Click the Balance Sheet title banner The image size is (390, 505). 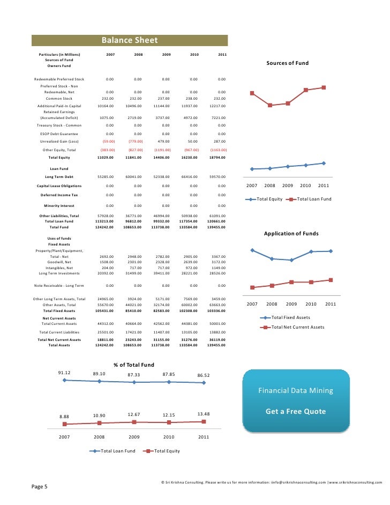click(x=130, y=41)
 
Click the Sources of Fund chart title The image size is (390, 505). click(x=287, y=63)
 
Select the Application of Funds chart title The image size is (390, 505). click(x=291, y=234)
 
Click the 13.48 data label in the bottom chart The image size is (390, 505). click(x=204, y=414)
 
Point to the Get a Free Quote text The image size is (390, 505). click(x=296, y=412)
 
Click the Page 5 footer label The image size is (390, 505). click(x=40, y=487)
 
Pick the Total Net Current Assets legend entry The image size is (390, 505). click(x=298, y=327)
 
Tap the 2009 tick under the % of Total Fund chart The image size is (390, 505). click(x=134, y=437)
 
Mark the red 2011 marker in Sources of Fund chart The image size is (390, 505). click(x=324, y=87)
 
